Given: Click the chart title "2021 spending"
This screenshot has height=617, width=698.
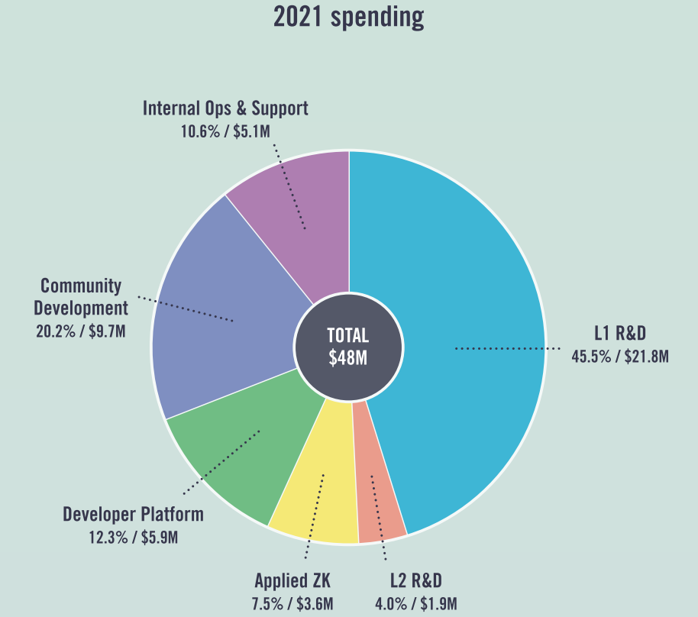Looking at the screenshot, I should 348,18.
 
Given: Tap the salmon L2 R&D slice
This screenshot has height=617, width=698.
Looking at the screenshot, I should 379,504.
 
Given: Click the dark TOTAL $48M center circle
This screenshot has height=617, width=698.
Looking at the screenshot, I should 348,347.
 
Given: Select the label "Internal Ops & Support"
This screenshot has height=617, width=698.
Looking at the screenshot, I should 225,108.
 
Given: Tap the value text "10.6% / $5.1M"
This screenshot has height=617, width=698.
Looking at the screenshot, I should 225,131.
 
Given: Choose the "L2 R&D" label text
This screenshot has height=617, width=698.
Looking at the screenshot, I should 415,581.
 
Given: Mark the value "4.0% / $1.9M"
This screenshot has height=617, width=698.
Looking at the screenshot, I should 415,604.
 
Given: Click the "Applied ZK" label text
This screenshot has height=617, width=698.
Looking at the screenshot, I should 292,581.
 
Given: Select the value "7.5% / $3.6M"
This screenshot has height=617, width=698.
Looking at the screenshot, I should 292,604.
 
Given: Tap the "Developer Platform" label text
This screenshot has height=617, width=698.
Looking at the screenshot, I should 133,514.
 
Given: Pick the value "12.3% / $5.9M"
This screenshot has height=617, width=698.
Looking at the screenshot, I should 133,537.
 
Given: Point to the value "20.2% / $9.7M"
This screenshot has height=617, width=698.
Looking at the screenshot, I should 80,331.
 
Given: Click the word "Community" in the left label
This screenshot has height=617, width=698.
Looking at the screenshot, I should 81,286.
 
